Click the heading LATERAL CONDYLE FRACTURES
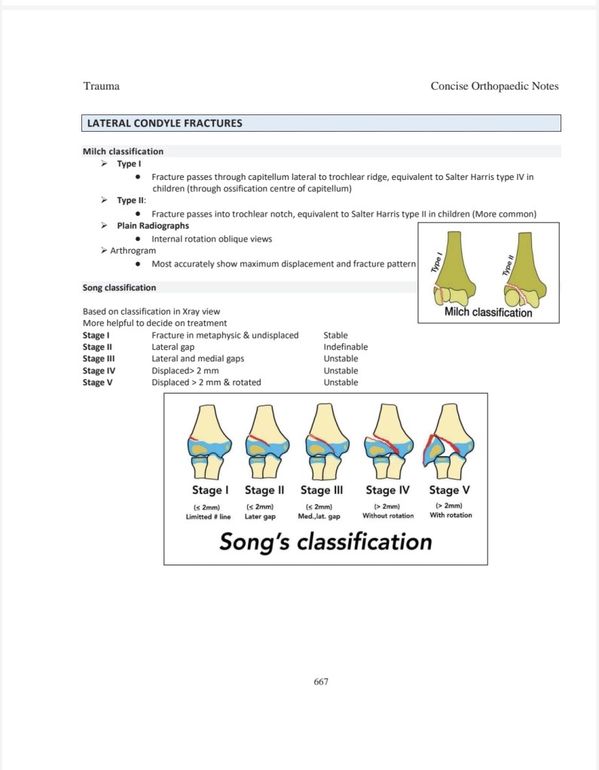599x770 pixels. point(165,123)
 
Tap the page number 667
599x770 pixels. point(321,681)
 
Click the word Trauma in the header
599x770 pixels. point(101,86)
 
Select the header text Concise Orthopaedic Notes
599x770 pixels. point(494,86)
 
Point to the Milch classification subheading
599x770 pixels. point(123,151)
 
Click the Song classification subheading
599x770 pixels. point(120,288)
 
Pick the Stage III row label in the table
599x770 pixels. point(99,359)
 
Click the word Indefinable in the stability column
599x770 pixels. point(346,347)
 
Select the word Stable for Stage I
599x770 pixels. point(335,335)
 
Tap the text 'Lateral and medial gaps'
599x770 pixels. point(198,359)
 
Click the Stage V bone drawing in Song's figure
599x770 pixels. point(449,440)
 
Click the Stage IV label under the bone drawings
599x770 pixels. point(387,490)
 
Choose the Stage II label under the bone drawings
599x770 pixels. point(264,490)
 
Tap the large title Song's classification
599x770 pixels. point(325,542)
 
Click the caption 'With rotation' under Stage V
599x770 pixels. point(451,516)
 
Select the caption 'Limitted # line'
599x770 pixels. point(208,516)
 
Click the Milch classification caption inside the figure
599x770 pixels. point(488,312)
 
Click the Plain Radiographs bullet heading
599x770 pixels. point(153,226)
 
